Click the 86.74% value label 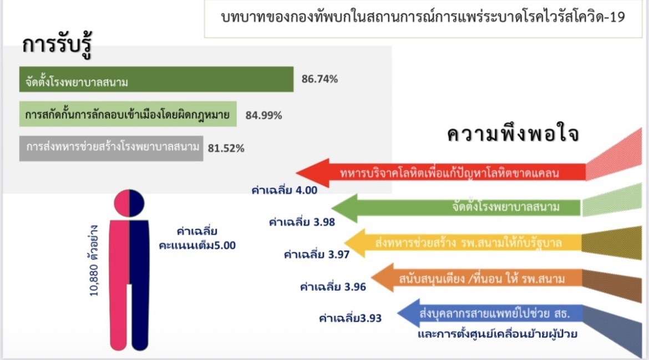320,79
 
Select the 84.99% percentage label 263,115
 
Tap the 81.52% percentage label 226,148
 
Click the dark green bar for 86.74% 156,79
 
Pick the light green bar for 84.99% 128,114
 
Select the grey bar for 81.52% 111,148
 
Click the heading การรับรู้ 57,45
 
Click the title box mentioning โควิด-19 423,19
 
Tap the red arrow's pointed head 297,173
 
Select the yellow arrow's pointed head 345,243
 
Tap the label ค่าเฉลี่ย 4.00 285,190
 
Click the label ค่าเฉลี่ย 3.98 302,222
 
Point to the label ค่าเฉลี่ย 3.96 333,286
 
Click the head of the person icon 129,203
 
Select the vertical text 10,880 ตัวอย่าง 94,261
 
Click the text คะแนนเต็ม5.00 197,245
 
